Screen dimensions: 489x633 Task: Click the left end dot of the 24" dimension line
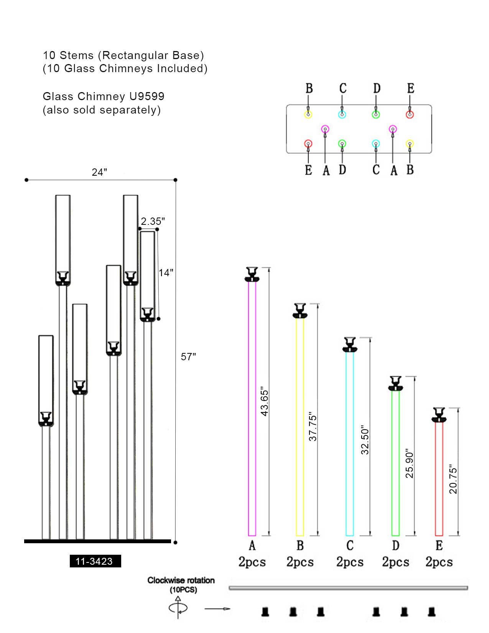tap(26, 180)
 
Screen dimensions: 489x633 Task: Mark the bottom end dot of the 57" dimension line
tap(175, 542)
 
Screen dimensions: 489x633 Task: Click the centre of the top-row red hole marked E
tap(410, 114)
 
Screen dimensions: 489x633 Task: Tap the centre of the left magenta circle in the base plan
tap(325, 129)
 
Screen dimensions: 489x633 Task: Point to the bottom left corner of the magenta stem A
tap(248, 536)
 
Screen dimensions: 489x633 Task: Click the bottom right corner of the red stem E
tap(443, 536)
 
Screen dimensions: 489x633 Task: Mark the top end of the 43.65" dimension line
tap(269, 267)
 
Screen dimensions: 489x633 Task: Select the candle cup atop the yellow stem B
tap(300, 310)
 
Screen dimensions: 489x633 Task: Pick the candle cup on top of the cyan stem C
tap(350, 345)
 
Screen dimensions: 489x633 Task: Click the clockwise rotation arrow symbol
tap(178, 608)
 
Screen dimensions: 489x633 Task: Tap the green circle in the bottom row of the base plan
tap(342, 143)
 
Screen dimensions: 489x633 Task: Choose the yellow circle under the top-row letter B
tap(308, 114)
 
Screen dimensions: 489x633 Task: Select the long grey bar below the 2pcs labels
tap(348, 588)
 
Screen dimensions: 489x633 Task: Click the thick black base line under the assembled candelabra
tap(97, 541)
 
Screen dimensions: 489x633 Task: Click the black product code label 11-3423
tap(95, 561)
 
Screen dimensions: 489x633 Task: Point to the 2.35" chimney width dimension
tap(153, 221)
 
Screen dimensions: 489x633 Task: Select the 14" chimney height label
tap(166, 273)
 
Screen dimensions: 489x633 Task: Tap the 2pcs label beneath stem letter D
tap(395, 562)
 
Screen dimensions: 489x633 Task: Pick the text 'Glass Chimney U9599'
tap(104, 96)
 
